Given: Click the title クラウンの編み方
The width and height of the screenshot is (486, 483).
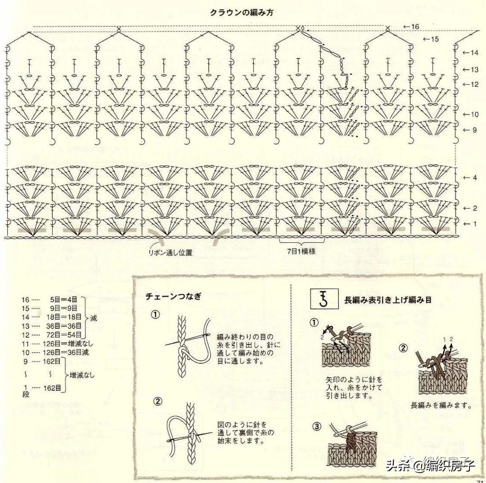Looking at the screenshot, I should pos(241,13).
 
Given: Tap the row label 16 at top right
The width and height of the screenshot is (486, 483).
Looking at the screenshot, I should pos(414,27).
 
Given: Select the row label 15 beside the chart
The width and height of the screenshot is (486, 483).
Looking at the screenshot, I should pos(434,39).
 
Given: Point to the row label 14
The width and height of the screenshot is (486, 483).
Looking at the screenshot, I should pos(474,53).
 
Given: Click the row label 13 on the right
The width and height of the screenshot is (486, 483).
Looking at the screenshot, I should pos(474,69).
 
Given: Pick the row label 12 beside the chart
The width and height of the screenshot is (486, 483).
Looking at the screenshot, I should pos(474,84).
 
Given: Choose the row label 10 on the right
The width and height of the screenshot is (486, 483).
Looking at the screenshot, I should pos(474,114).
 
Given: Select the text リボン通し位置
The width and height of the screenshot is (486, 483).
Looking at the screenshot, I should pos(171,253).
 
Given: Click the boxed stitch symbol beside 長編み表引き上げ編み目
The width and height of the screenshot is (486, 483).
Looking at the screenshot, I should pos(322,299).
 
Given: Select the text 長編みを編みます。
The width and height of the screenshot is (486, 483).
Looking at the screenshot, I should pos(441,405).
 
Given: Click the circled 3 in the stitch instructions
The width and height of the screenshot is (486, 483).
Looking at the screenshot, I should pos(317,426).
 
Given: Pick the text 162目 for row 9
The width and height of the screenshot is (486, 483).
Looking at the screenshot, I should pos(54,361).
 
